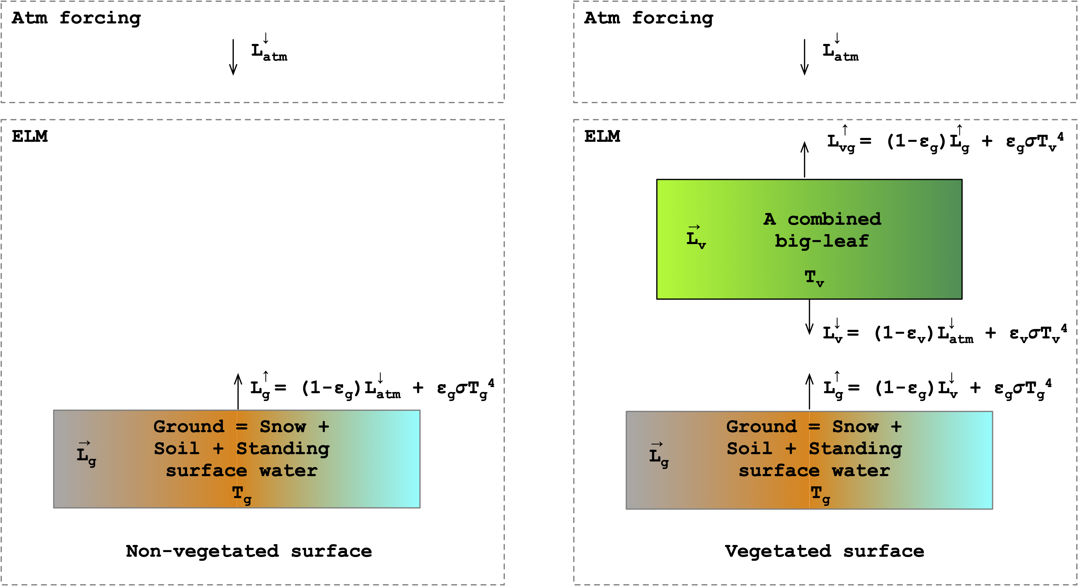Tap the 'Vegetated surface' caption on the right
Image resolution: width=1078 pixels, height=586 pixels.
(825, 551)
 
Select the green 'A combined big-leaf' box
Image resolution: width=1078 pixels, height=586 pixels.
(809, 239)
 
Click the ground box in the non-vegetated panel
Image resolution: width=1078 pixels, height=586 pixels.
(236, 459)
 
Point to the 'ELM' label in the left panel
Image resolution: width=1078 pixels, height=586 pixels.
(30, 137)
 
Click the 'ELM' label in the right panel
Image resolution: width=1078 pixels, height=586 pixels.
(602, 137)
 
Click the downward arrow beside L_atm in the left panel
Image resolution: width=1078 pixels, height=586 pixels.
(233, 57)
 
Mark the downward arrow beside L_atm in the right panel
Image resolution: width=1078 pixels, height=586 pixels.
(804, 57)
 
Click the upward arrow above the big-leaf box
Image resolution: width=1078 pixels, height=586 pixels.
(804, 159)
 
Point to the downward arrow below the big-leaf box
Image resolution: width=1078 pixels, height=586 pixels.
(809, 317)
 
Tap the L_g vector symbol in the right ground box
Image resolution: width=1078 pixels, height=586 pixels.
(659, 455)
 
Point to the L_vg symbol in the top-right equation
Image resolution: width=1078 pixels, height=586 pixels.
(840, 142)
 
